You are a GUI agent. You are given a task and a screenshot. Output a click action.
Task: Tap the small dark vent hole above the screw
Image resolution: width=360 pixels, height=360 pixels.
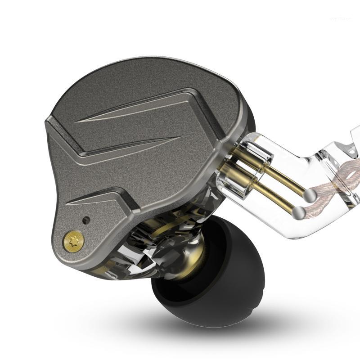[86, 220]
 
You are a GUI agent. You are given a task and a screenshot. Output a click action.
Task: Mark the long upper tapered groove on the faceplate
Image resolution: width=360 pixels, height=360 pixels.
[135, 112]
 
